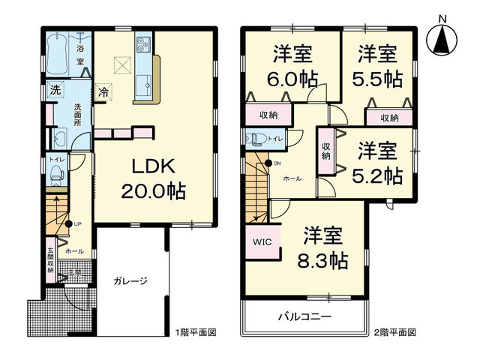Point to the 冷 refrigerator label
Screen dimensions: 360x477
pyautogui.click(x=104, y=94)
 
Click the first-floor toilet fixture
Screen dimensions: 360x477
pyautogui.click(x=55, y=174)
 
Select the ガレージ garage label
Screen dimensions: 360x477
pyautogui.click(x=130, y=282)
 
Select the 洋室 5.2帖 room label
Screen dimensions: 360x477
pyautogui.click(x=377, y=163)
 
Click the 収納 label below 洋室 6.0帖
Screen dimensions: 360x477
pyautogui.click(x=269, y=115)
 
